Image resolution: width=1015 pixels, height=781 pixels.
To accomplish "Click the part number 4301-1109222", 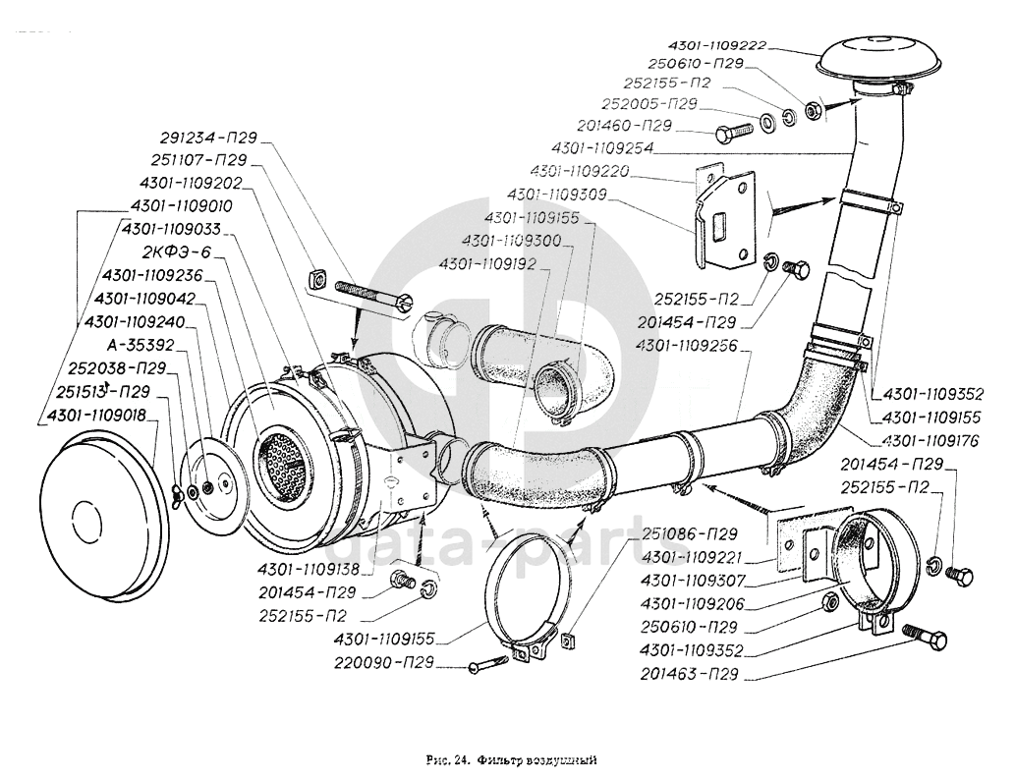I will [716, 45].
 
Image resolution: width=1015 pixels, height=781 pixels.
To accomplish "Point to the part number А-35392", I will [140, 345].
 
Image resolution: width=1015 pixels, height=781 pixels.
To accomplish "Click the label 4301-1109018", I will [93, 416].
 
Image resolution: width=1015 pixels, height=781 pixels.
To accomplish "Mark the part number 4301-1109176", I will [932, 439].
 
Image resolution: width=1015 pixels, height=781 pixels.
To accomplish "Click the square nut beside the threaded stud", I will [315, 279].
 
